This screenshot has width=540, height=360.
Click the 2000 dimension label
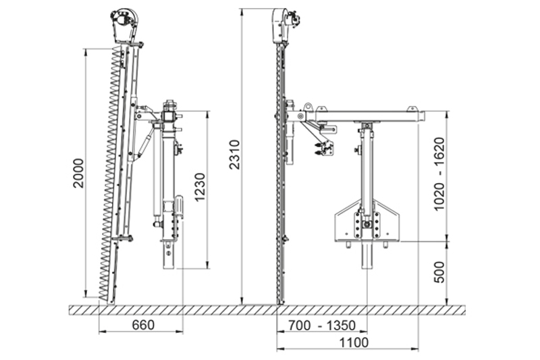(78, 173)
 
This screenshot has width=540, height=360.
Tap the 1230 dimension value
(200, 187)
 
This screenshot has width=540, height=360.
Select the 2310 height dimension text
(234, 155)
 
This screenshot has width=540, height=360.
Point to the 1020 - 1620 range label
(439, 174)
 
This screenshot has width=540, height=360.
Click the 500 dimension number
(439, 272)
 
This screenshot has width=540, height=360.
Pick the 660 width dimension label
(143, 324)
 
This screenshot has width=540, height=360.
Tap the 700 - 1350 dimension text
(322, 325)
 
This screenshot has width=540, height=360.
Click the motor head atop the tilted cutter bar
(124, 26)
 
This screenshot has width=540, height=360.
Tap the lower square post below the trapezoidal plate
(367, 255)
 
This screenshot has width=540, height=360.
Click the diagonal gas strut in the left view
(146, 143)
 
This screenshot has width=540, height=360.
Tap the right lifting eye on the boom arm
(412, 109)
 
